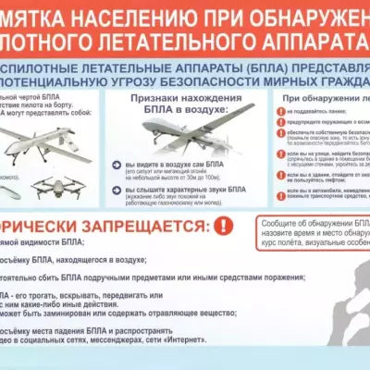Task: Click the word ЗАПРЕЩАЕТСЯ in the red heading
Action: (138, 227)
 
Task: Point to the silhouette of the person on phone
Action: (342, 305)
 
